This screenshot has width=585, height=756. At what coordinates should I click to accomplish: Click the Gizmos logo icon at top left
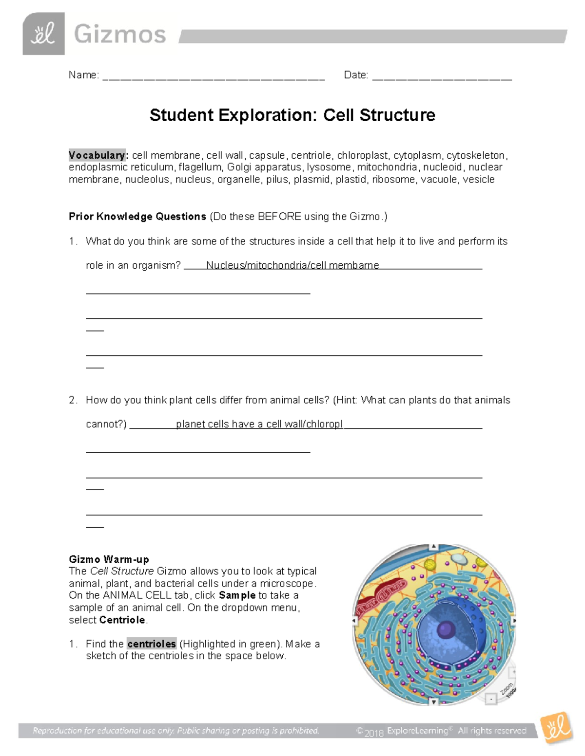43,34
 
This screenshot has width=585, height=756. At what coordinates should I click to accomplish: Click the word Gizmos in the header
120,35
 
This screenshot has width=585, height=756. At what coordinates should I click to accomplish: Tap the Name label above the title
83,75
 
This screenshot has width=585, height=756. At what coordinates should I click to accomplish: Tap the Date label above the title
355,75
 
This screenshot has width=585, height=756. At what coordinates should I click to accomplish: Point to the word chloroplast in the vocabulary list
363,155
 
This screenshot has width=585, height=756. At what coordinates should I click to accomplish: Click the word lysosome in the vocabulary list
329,167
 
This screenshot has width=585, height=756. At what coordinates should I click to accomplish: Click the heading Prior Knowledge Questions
137,217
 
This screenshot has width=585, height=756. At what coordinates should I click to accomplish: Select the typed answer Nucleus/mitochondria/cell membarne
292,265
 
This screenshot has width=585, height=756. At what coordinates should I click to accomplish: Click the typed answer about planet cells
259,424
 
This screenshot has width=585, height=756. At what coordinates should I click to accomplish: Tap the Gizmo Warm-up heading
109,559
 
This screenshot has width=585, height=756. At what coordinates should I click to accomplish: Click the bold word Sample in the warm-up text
237,595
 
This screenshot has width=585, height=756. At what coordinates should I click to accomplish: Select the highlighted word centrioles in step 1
152,644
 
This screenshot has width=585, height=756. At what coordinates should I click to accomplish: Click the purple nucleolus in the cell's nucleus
446,630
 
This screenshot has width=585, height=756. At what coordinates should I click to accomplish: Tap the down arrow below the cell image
434,702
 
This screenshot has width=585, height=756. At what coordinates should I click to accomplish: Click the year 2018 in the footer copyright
374,732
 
